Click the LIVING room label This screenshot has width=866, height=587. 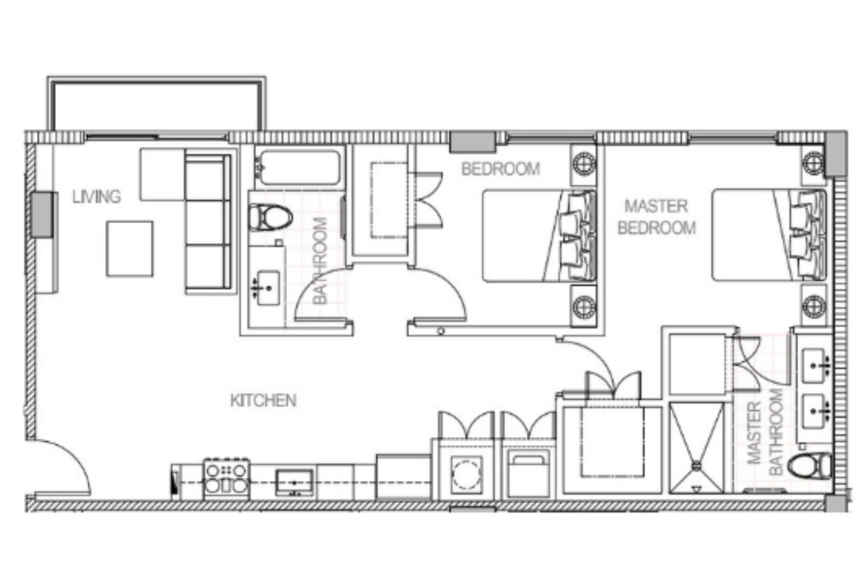pyautogui.click(x=97, y=197)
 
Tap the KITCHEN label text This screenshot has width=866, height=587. pyautogui.click(x=263, y=401)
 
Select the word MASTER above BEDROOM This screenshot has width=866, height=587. pyautogui.click(x=656, y=206)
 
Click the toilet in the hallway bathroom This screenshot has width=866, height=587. pyautogui.click(x=270, y=217)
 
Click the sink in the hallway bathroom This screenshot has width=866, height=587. pyautogui.click(x=268, y=288)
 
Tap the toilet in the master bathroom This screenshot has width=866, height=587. pyautogui.click(x=811, y=464)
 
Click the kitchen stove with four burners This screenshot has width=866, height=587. pyautogui.click(x=226, y=479)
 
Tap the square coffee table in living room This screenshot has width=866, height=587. pyautogui.click(x=130, y=249)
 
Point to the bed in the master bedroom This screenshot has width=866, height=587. pyautogui.click(x=767, y=235)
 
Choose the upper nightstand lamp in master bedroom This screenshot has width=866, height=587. pyautogui.click(x=814, y=161)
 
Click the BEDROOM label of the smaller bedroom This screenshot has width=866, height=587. pyautogui.click(x=501, y=169)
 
